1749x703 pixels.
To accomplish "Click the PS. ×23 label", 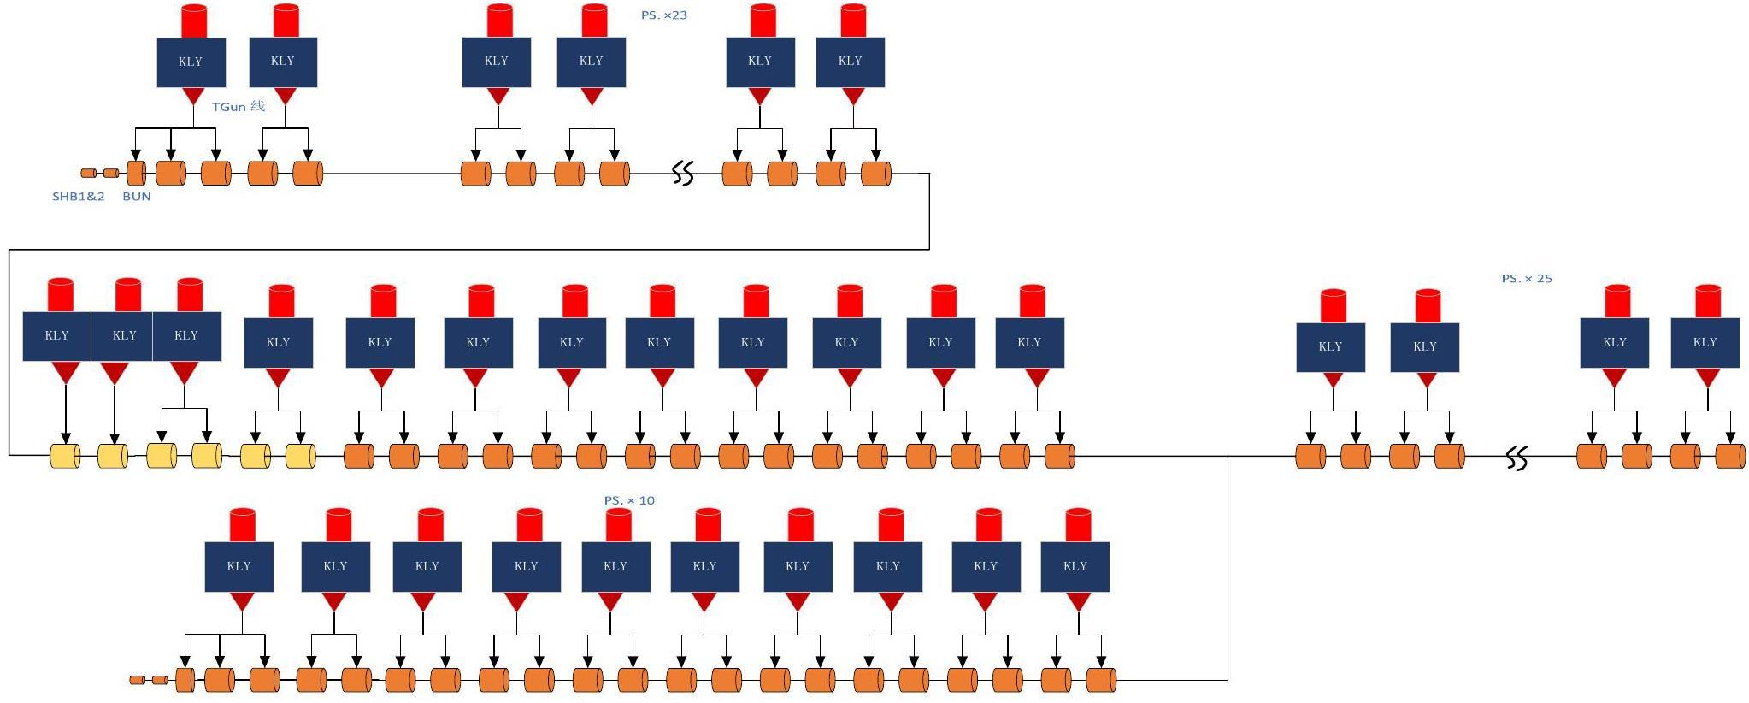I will (x=663, y=15).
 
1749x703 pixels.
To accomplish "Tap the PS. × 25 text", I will (x=1526, y=278).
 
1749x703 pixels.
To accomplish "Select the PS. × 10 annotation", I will (x=629, y=500).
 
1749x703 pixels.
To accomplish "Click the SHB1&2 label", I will (x=78, y=196).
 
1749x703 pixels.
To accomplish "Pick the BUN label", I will (x=137, y=196).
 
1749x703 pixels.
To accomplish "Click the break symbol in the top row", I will (x=682, y=174).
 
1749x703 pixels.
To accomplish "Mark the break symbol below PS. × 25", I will (x=1516, y=458).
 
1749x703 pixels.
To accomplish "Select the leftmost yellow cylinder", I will (x=65, y=456).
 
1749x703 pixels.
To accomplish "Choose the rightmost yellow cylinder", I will (x=300, y=456).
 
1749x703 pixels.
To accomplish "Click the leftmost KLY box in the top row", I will (x=191, y=62).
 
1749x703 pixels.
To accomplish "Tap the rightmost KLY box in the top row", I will (x=850, y=62).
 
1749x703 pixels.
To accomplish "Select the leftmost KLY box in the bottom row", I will (x=238, y=566).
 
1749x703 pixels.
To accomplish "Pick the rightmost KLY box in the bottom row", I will (x=1075, y=566).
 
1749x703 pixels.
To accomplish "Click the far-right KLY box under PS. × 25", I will (x=1705, y=342).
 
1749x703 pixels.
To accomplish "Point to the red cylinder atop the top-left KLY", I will (x=194, y=21).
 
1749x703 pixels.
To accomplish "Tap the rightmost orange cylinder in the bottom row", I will (x=1101, y=680).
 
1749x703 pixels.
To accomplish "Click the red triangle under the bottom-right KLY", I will (x=1078, y=601).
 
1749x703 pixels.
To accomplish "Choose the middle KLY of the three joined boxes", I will (x=124, y=335).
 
